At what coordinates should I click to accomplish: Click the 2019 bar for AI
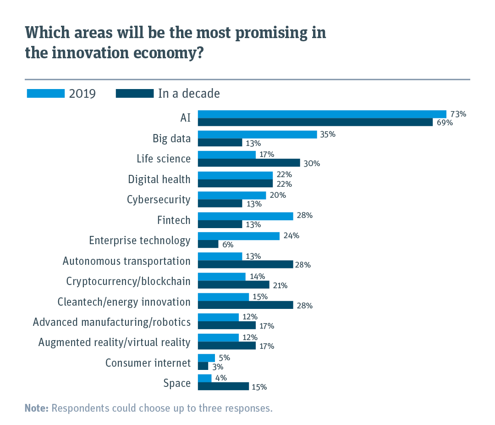(322, 114)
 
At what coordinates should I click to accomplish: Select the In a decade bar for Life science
(249, 163)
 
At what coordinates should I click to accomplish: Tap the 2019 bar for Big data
(257, 134)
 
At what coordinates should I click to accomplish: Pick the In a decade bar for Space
(223, 386)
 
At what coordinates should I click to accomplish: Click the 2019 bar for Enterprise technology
(238, 236)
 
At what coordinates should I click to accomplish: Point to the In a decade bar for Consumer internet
(203, 366)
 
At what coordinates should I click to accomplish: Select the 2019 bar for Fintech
(245, 216)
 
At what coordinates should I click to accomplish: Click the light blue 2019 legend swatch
(45, 94)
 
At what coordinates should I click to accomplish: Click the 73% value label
(458, 114)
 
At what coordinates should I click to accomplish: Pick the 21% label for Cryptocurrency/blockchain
(280, 285)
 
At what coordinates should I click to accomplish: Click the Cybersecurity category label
(159, 200)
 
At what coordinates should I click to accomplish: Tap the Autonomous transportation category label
(126, 261)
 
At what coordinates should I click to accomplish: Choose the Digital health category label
(159, 179)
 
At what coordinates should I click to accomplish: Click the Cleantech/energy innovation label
(124, 302)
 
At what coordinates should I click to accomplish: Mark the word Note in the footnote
(36, 408)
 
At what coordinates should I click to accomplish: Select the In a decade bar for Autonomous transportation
(245, 264)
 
